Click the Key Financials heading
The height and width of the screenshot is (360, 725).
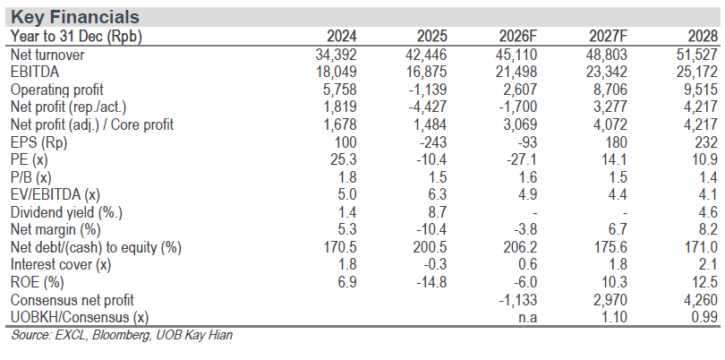point(75,17)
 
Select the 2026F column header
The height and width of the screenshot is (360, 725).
point(518,37)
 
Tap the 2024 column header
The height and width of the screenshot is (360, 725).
point(342,37)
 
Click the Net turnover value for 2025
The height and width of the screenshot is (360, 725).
point(425,55)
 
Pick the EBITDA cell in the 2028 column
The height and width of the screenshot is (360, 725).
point(696,73)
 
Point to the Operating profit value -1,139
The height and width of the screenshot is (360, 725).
point(428,90)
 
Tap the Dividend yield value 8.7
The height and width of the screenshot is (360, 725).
point(436,212)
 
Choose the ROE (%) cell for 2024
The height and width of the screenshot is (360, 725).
point(345,282)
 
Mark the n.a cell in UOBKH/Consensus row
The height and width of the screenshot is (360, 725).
point(526,318)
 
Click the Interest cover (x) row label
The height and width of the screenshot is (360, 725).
point(61,265)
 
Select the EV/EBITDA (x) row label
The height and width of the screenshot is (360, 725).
point(55,195)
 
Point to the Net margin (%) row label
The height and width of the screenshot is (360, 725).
point(55,230)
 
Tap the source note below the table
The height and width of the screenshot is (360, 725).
point(122,336)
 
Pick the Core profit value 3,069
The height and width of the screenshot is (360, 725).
point(518,125)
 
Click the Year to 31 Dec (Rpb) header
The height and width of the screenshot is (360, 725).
point(76,37)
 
